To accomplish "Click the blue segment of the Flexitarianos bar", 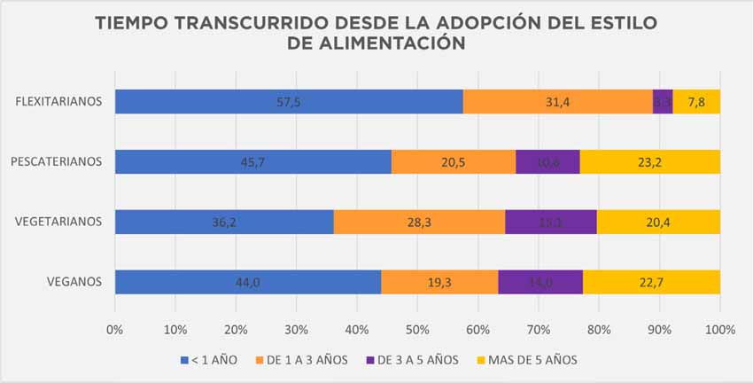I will point(289,102).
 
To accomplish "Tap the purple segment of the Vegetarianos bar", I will point(550,222).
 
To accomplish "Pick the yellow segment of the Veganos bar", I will point(651,282).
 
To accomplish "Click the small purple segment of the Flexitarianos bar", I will point(663,102).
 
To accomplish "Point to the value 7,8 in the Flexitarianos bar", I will point(696,102).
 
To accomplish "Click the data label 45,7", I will point(253,162).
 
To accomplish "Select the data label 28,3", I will point(419,222).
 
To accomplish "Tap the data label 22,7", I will point(651,282).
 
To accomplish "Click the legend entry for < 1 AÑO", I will point(211,360).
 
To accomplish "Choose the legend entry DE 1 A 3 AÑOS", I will point(307,360).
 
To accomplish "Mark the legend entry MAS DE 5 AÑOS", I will point(527,360).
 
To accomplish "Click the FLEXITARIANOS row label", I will point(59,102).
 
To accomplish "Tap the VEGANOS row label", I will point(75,282).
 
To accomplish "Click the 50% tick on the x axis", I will point(417,330).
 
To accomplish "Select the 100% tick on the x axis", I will point(720,330).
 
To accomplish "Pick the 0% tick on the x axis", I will point(115,330).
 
